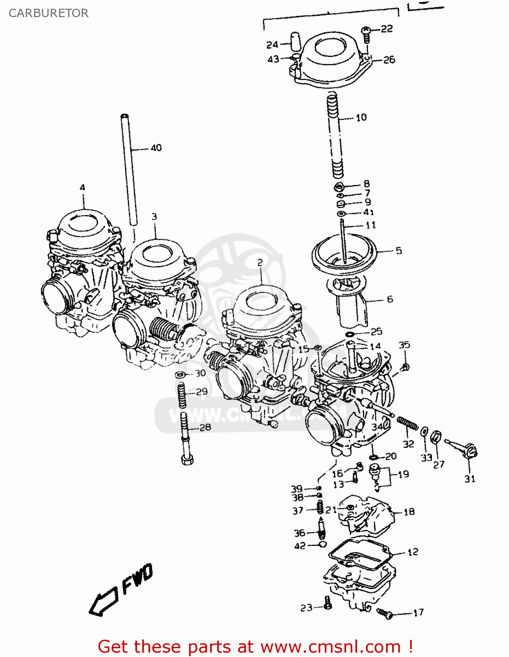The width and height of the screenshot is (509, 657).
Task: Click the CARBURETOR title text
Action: (49, 13)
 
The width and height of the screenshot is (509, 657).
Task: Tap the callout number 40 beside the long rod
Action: (156, 148)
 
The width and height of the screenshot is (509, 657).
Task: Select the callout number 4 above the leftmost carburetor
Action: (82, 187)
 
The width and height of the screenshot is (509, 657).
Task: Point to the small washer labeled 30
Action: (179, 374)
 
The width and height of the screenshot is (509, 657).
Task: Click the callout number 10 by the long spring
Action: (361, 117)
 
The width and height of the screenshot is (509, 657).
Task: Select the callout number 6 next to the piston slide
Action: (390, 299)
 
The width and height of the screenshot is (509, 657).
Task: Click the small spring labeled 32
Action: (407, 424)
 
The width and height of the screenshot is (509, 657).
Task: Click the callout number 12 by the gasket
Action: (413, 552)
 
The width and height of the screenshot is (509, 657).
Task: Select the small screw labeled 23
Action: (328, 604)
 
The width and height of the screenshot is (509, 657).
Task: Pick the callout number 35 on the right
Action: (404, 345)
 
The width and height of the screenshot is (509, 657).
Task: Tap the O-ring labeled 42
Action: (323, 544)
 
